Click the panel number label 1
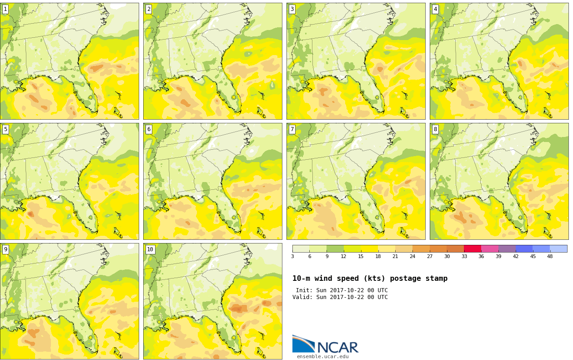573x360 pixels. [5, 10]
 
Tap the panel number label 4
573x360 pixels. [435, 10]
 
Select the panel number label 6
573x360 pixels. [149, 129]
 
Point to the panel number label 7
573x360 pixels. [292, 129]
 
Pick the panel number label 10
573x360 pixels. [150, 249]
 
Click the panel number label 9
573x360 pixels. [5, 249]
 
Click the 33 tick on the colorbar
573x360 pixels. [464, 256]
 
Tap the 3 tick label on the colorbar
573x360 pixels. [293, 256]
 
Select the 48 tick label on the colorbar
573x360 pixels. [550, 256]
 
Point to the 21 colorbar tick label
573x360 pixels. [395, 256]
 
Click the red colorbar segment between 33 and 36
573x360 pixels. [473, 248]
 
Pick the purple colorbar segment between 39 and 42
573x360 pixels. [507, 248]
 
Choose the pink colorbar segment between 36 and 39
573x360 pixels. [490, 248]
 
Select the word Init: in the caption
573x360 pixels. [304, 290]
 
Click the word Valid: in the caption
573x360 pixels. [302, 297]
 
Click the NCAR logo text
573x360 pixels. [338, 347]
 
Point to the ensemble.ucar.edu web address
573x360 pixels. [323, 356]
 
